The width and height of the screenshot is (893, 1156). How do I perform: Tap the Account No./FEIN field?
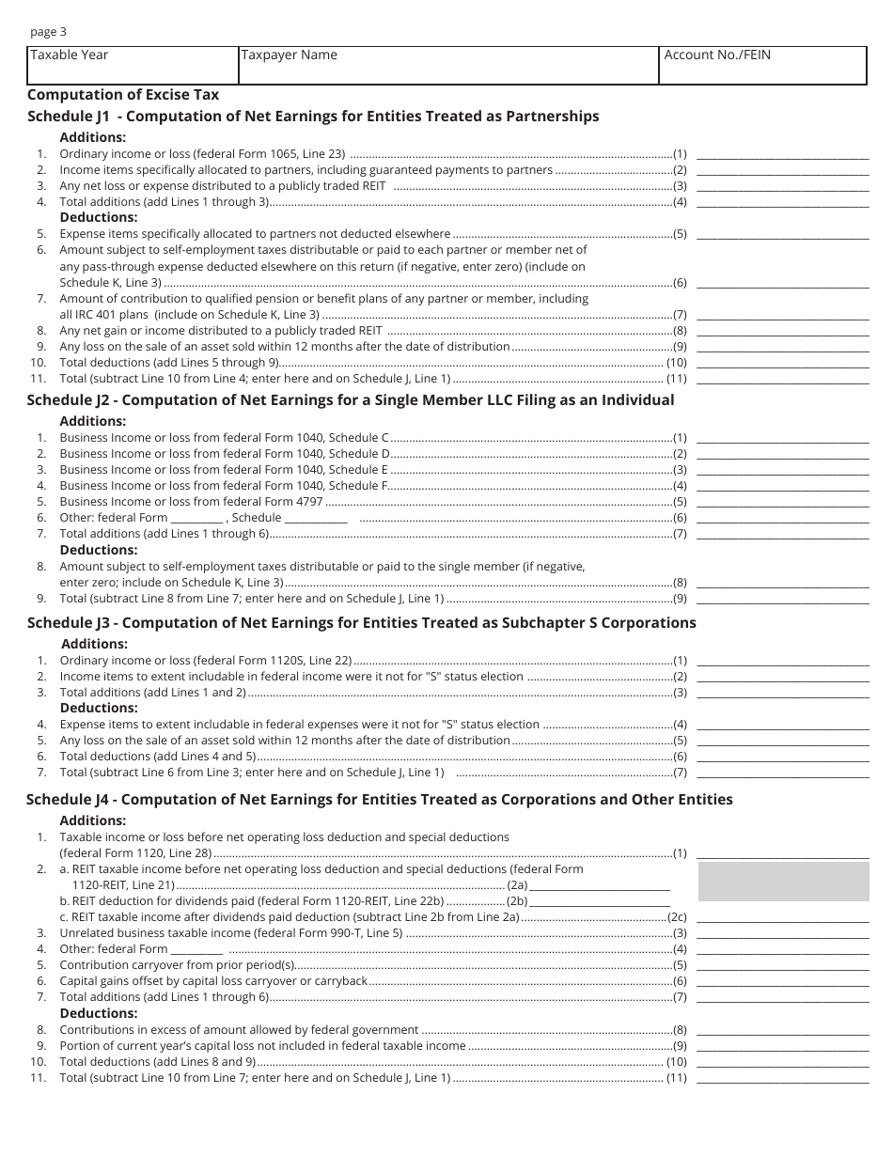762,65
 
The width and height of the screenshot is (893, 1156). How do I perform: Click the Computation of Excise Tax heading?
123,94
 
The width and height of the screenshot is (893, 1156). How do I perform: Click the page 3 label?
48,31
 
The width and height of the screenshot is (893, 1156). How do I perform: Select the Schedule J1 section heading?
313,117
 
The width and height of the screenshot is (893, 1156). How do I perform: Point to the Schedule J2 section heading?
351,399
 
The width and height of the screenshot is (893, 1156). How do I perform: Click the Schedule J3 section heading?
362,622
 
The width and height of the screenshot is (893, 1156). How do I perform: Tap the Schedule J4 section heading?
380,800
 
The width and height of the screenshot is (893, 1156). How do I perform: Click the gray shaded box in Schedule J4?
783,882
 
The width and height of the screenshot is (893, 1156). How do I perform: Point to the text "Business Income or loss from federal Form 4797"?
191,502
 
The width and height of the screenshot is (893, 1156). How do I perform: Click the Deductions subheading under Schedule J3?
99,708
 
